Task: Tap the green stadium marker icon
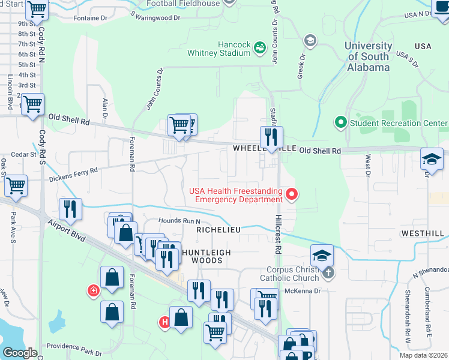click(260, 47)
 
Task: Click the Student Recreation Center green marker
click(341, 123)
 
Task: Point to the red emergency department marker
click(292, 194)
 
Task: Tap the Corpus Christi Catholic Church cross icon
click(328, 274)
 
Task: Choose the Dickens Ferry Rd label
click(73, 173)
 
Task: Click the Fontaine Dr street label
click(90, 18)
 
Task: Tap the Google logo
click(20, 353)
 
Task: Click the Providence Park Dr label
click(74, 346)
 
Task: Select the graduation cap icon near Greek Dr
click(310, 40)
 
